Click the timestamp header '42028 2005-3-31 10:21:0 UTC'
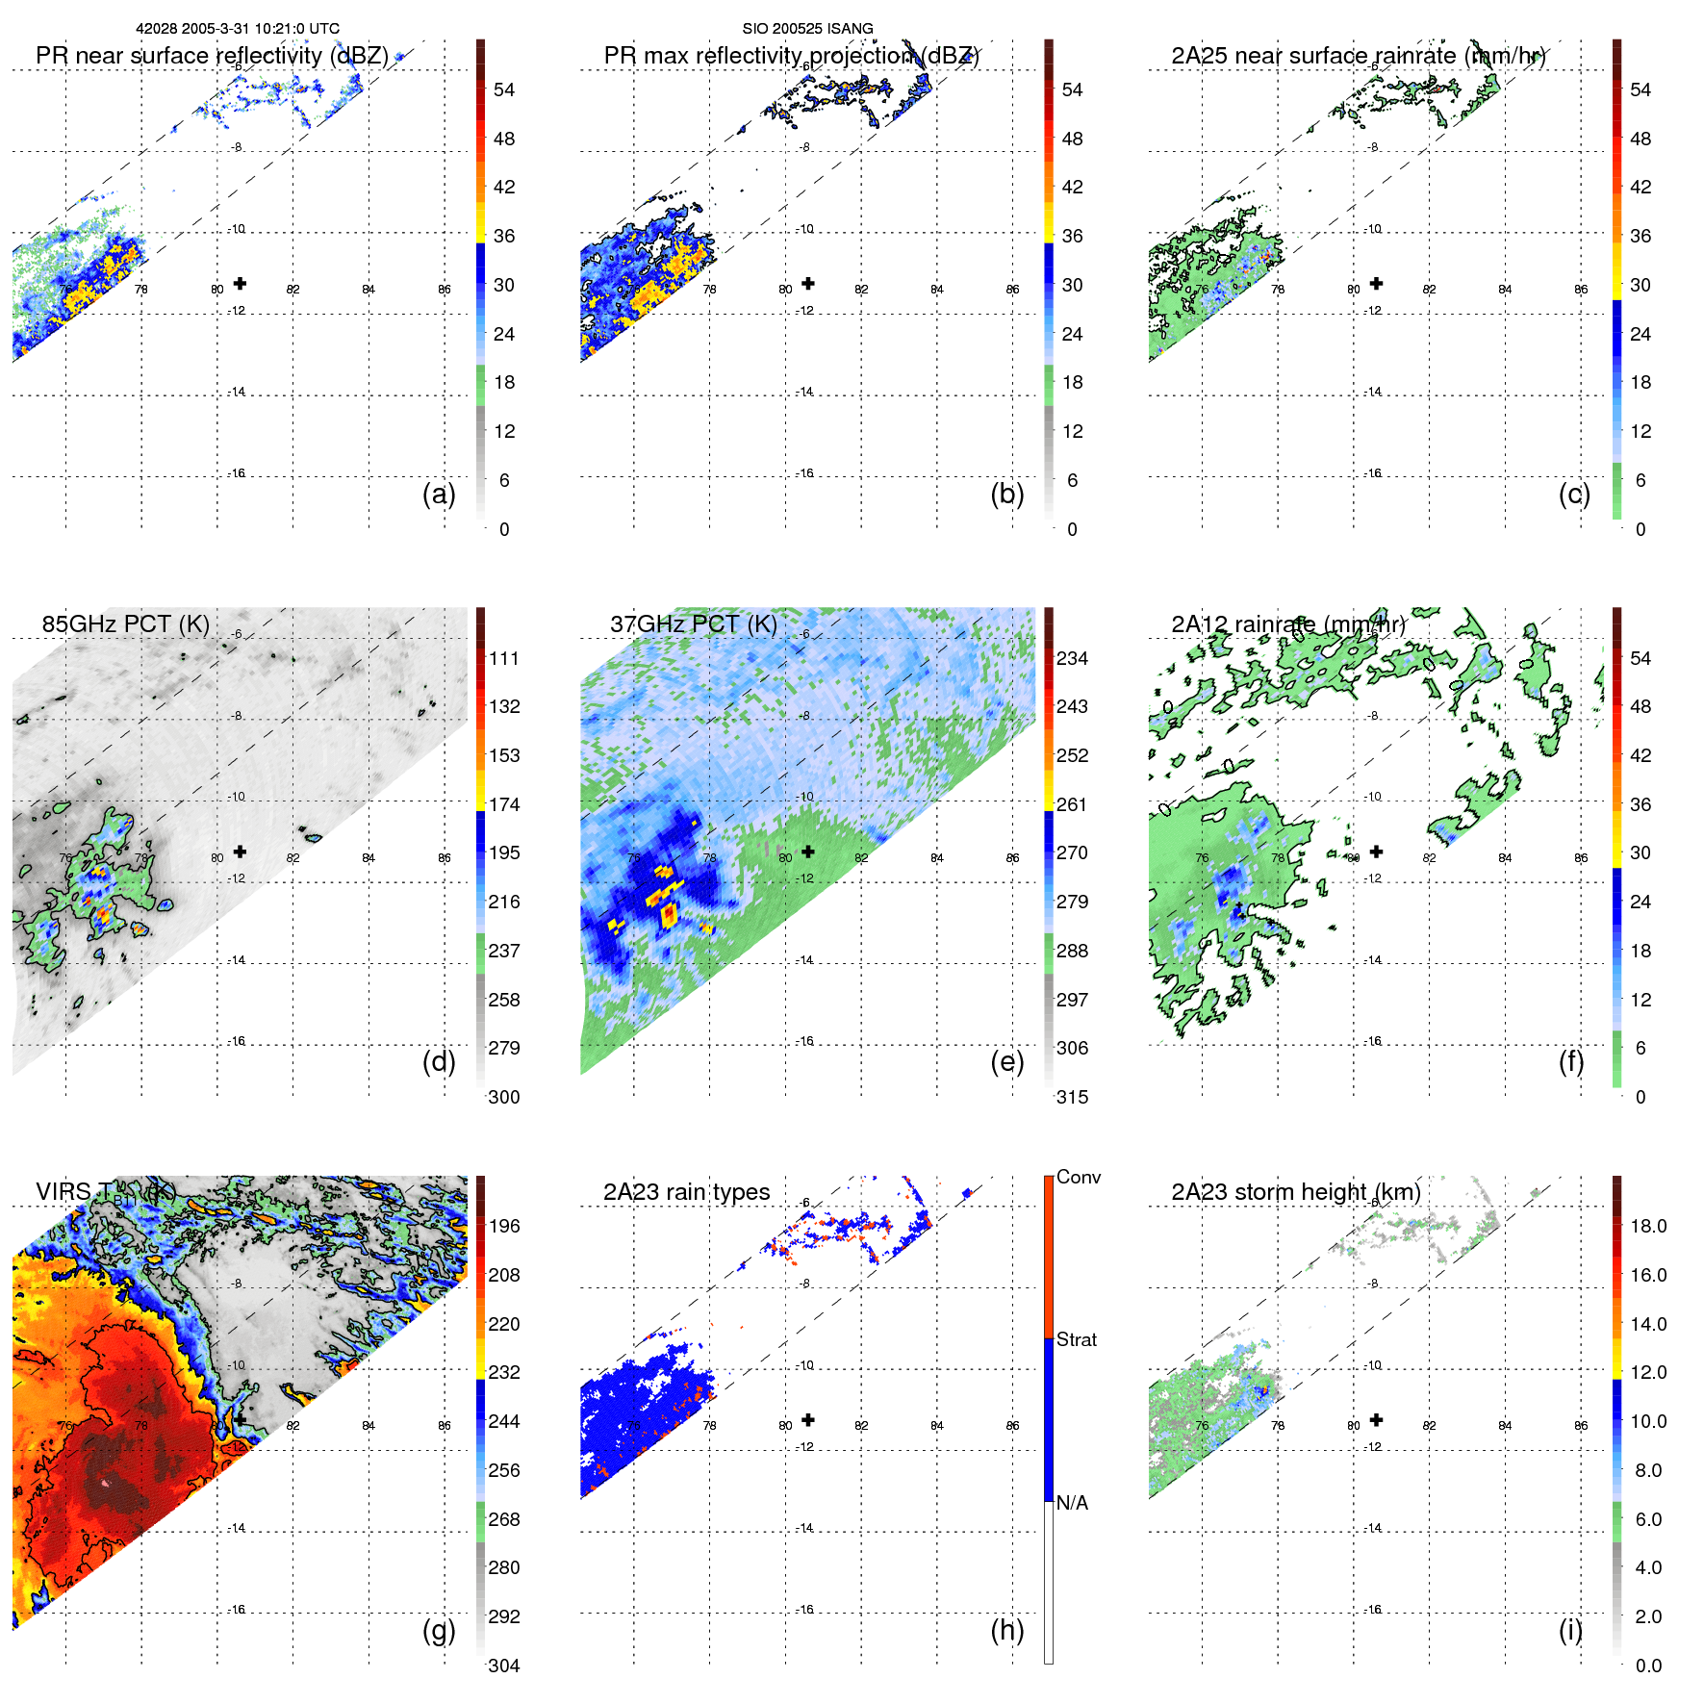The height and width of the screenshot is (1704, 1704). [x=237, y=29]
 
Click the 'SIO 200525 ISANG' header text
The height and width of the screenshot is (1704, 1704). [x=807, y=29]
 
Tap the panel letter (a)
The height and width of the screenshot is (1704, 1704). [x=439, y=495]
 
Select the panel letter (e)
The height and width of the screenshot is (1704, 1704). [x=1006, y=1062]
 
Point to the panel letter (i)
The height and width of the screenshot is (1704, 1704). [x=1570, y=1630]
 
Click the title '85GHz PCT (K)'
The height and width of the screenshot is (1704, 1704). [x=125, y=624]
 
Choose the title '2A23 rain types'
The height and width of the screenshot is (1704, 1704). [x=686, y=1192]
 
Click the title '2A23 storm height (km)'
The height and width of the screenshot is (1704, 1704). [x=1295, y=1192]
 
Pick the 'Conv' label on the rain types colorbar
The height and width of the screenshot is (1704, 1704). [x=1079, y=1177]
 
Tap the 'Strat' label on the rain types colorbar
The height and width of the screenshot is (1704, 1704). [x=1077, y=1339]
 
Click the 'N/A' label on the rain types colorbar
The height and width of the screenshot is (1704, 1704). [x=1072, y=1503]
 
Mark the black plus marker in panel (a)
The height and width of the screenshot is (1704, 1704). [x=240, y=284]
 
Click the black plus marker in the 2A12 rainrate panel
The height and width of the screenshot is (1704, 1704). [x=1376, y=852]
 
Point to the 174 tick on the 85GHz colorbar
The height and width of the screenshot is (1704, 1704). [x=504, y=804]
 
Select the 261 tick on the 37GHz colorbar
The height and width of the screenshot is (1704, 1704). [x=1072, y=804]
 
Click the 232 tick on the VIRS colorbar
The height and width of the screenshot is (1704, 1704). [x=504, y=1372]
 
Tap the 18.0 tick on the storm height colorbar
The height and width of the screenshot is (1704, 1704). [x=1648, y=1226]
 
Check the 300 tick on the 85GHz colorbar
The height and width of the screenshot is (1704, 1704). [x=504, y=1097]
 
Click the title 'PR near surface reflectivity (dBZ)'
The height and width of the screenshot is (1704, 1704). [x=212, y=56]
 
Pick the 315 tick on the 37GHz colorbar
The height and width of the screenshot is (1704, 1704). [x=1072, y=1097]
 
